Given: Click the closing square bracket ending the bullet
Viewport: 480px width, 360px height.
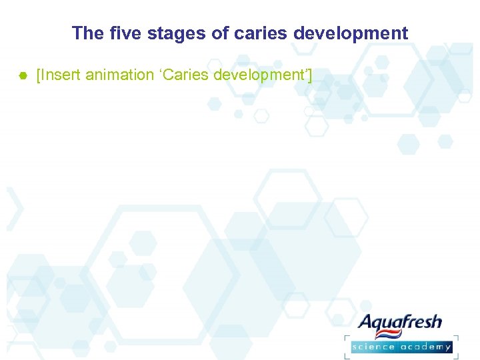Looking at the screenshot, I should coord(309,75).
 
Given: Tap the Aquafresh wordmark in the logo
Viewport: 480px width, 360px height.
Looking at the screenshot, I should coord(400,323).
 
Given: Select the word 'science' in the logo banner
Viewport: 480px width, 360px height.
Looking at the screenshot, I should coord(375,347).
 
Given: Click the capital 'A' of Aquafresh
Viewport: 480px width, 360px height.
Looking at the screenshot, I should coord(366,323).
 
